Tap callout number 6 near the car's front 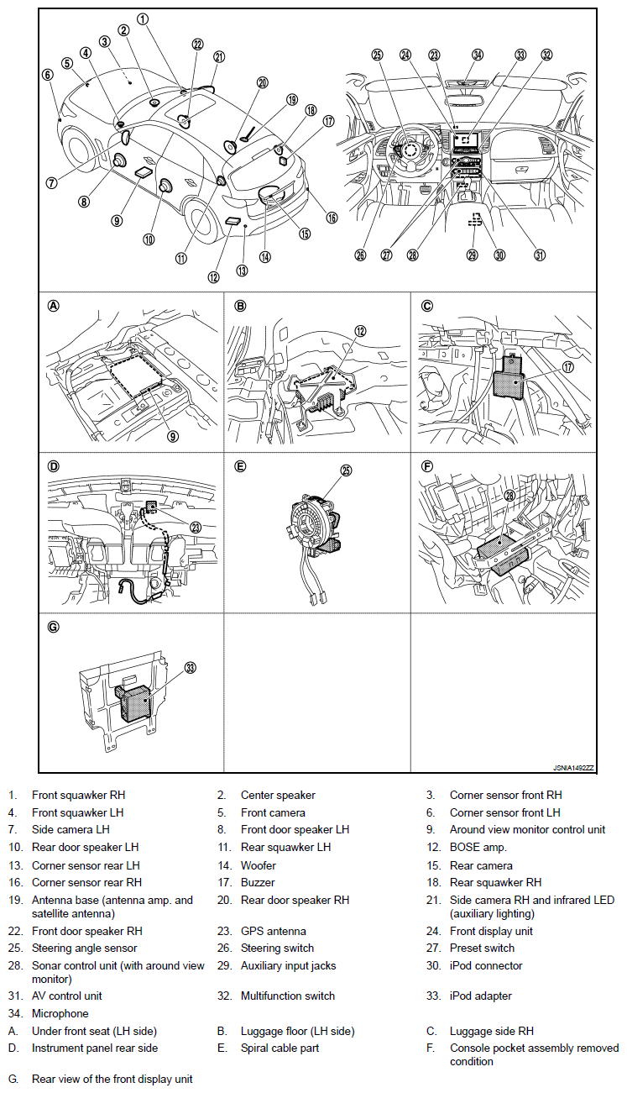(x=47, y=74)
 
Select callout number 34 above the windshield (x=478, y=55)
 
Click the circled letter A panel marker (x=54, y=306)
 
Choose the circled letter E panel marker (x=240, y=465)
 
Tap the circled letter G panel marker (x=54, y=626)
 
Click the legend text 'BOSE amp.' (x=478, y=847)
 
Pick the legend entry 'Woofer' (x=258, y=864)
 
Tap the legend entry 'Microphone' (x=60, y=1013)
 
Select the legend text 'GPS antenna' (x=273, y=931)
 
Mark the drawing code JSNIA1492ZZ (x=573, y=768)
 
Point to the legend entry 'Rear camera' (x=481, y=864)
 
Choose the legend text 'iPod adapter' (x=480, y=996)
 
